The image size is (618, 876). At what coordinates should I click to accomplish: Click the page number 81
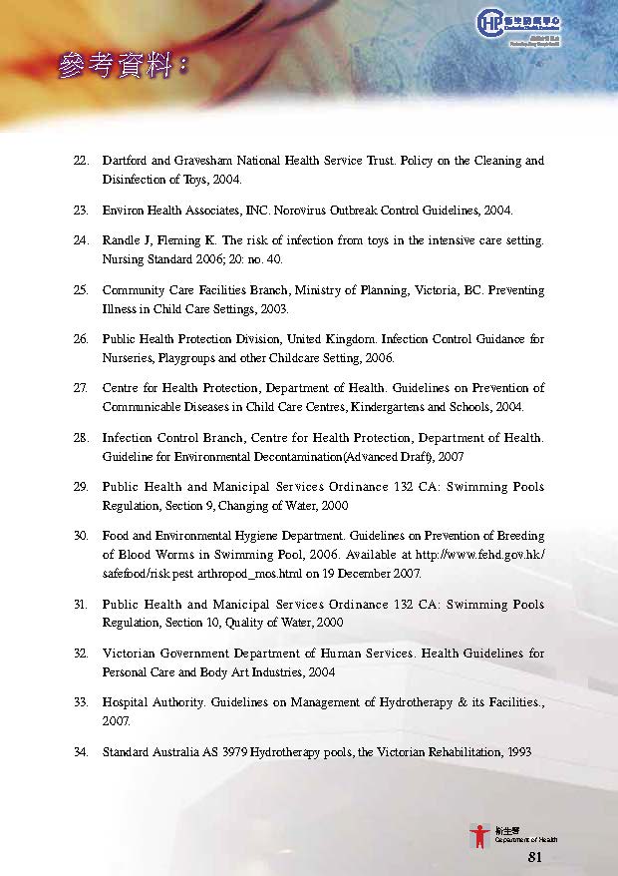tap(534, 857)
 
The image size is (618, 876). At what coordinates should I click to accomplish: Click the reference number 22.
tap(81, 161)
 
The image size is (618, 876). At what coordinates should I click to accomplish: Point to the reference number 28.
tap(81, 438)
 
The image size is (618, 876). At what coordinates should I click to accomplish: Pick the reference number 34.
tap(81, 750)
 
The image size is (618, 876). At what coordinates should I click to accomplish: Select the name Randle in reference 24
tap(121, 240)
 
